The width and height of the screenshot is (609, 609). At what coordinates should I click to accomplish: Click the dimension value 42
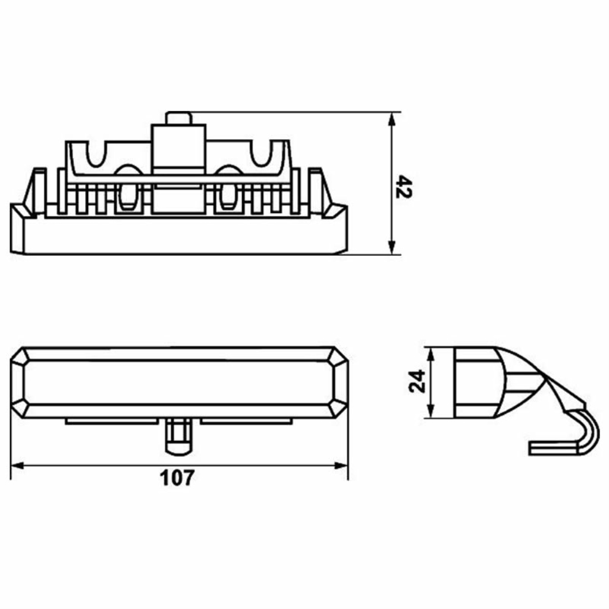pos(404,187)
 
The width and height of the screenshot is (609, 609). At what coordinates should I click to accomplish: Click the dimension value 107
pos(177,478)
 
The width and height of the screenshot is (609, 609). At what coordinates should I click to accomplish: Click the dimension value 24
pos(417,381)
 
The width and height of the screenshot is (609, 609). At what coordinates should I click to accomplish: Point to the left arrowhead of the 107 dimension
pos(17,465)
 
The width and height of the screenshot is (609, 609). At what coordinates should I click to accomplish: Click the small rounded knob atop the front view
pos(178,118)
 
